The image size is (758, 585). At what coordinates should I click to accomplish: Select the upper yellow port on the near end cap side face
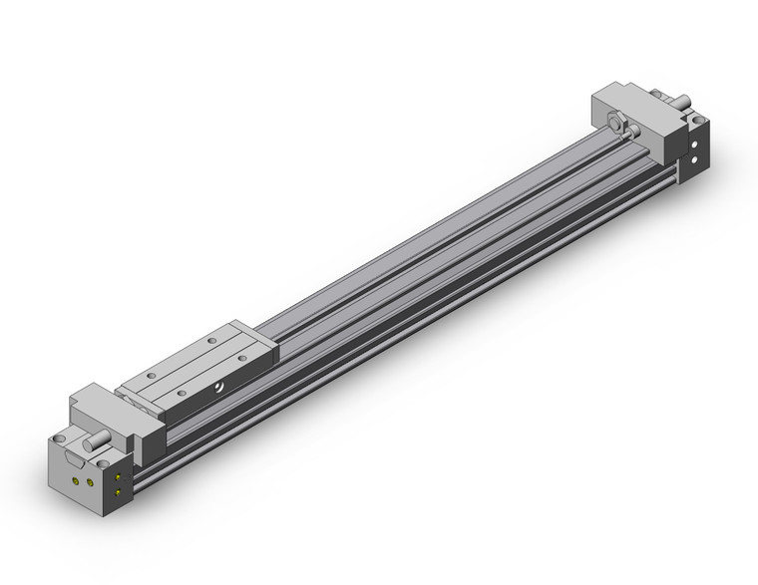pyautogui.click(x=119, y=477)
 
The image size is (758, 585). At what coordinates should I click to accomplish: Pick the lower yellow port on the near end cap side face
pyautogui.click(x=119, y=491)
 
